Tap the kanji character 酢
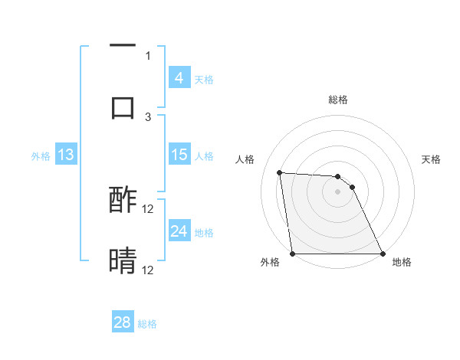tap(123, 201)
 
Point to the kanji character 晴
tap(123, 260)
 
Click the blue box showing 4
tap(179, 78)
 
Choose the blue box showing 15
tap(179, 155)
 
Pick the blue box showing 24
tap(179, 231)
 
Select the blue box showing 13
tap(66, 155)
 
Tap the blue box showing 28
tap(123, 322)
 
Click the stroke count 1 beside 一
tap(148, 55)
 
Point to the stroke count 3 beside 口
tap(148, 116)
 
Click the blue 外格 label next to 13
tap(41, 155)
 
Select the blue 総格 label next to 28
tap(147, 323)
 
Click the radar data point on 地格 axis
tap(382, 254)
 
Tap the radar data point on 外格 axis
tap(293, 254)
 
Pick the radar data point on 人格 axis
tap(280, 172)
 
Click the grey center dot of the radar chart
tap(337, 192)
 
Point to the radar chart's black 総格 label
tap(337, 100)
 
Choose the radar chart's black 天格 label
tap(431, 159)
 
